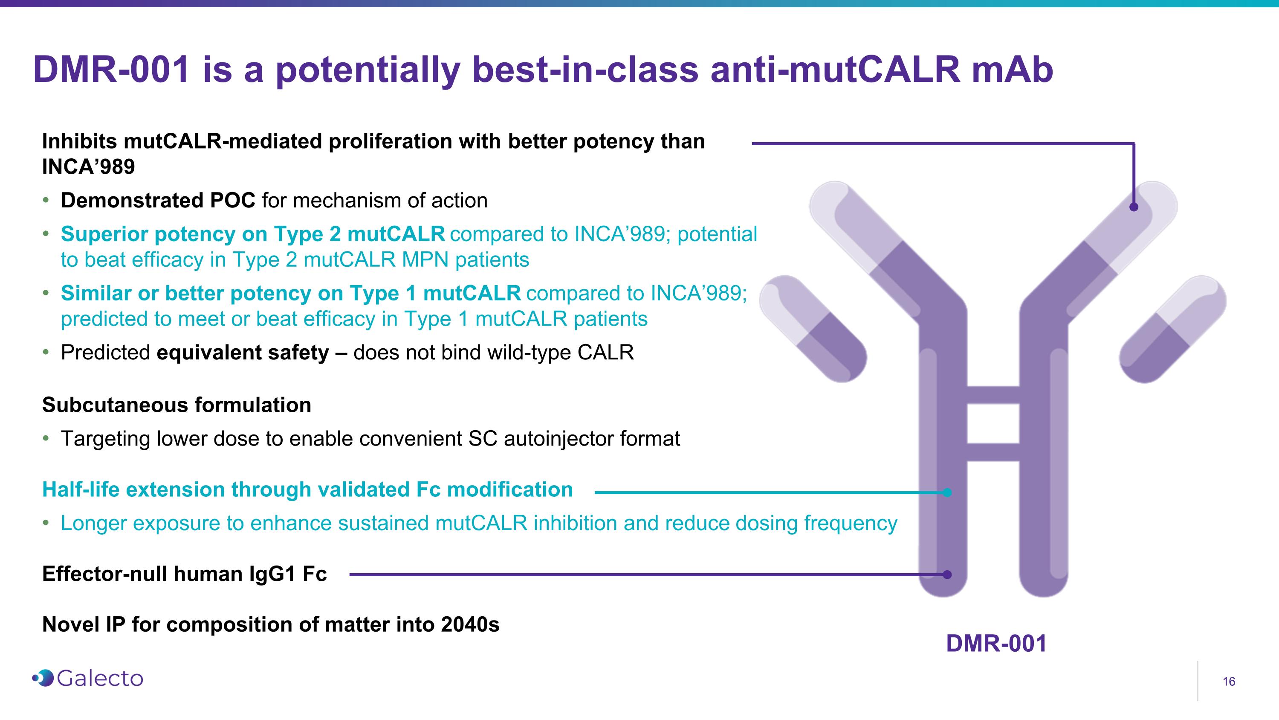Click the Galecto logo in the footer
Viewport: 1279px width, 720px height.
coord(88,678)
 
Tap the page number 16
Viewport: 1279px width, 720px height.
coord(1228,682)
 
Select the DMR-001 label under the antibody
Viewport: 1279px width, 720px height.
coord(996,644)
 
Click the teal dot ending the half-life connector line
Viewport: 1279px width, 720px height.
coord(947,493)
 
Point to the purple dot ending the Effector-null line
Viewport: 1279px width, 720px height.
coord(947,574)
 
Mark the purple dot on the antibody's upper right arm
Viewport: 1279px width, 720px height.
coord(1134,207)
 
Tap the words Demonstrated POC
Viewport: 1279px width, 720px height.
coord(158,201)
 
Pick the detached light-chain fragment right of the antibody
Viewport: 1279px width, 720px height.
coord(1173,329)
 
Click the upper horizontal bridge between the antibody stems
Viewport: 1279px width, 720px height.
coord(993,395)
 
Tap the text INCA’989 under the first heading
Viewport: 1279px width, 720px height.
coord(88,167)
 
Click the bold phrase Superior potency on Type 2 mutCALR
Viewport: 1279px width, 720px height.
coord(253,234)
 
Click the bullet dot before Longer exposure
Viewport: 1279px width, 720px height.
coord(46,523)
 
